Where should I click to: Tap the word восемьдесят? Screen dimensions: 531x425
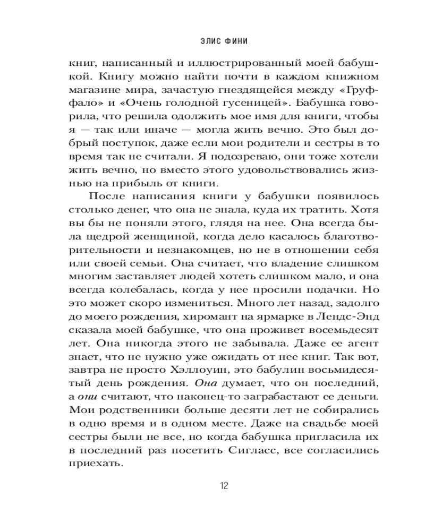point(335,331)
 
